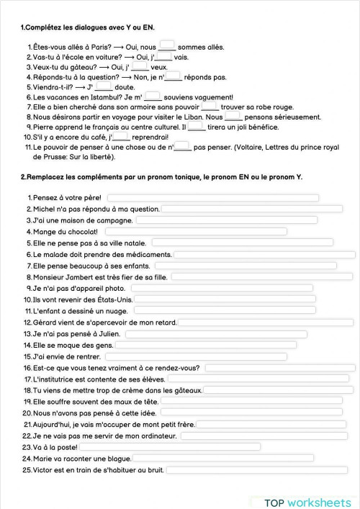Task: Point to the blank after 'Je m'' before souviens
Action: [x=152, y=96]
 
